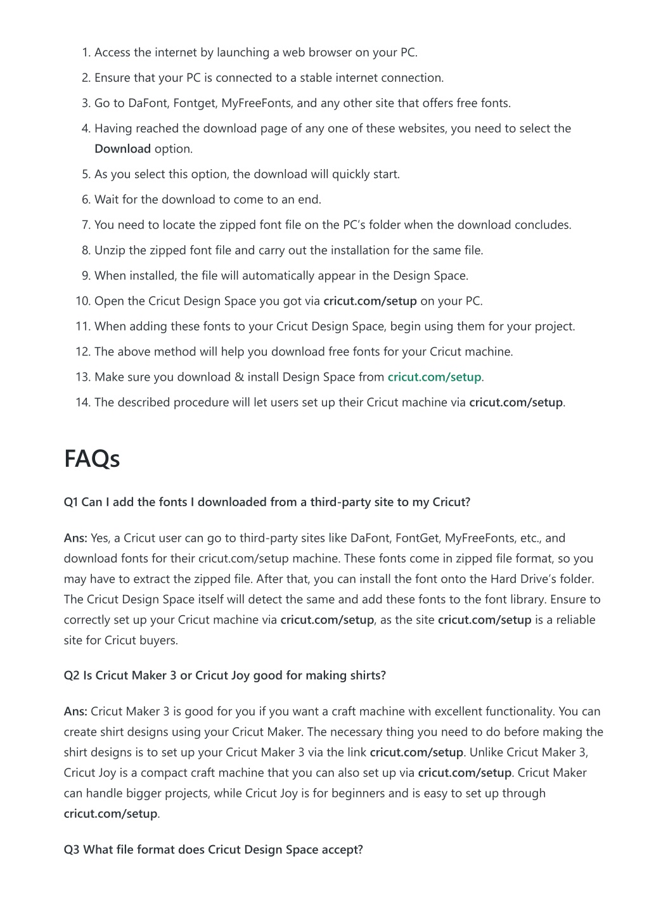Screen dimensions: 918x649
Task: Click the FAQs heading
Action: click(92, 459)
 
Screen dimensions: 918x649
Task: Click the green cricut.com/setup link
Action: click(434, 377)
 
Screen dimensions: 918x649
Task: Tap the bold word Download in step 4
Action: click(122, 149)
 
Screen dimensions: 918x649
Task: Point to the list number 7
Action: click(86, 225)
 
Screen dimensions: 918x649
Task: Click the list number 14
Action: click(83, 402)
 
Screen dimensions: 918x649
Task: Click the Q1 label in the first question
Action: click(70, 502)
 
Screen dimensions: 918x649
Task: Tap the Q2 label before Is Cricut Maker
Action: click(72, 675)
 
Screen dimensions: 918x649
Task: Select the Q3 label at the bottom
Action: click(72, 850)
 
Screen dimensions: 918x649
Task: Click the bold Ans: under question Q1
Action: click(75, 539)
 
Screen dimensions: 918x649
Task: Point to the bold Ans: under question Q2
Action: click(75, 711)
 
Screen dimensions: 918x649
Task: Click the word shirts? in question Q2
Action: click(366, 675)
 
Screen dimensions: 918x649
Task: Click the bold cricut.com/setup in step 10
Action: click(370, 301)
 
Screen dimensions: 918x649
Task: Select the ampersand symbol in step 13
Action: click(239, 377)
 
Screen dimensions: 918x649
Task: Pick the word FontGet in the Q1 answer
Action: click(417, 539)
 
